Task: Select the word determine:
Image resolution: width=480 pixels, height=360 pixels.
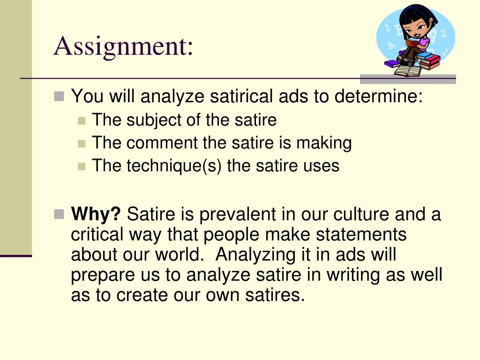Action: coord(377,97)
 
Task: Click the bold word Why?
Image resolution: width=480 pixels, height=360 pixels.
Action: coord(96,215)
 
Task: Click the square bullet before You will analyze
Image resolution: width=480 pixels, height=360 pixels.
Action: coord(59,97)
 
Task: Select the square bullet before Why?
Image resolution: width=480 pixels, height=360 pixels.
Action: coord(59,215)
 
